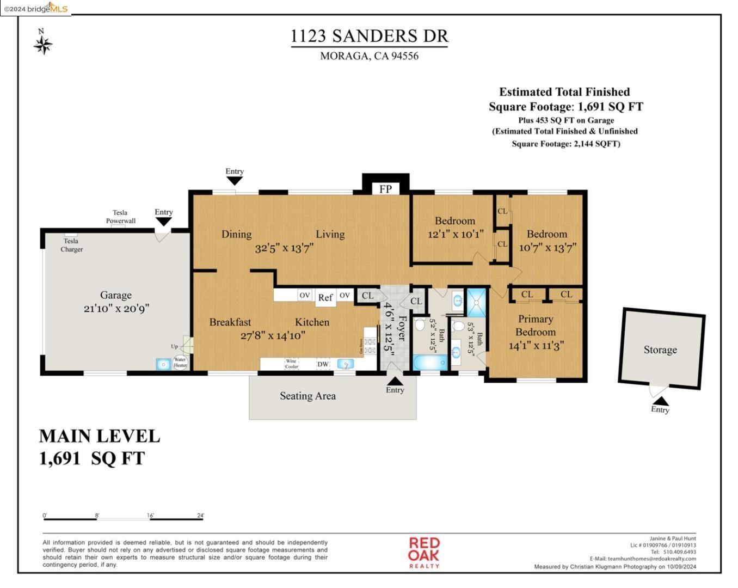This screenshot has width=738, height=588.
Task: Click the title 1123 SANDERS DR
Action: click(x=369, y=36)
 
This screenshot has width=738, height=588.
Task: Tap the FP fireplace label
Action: click(x=385, y=189)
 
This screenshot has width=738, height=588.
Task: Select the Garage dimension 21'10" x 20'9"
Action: click(x=116, y=308)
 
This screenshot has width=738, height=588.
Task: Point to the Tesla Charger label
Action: click(x=71, y=245)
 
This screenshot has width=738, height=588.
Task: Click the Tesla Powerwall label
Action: click(x=120, y=217)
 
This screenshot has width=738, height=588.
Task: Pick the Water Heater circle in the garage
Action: click(x=180, y=363)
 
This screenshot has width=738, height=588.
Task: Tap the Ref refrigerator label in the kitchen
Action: click(x=325, y=297)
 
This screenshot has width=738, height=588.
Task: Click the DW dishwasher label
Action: click(x=323, y=364)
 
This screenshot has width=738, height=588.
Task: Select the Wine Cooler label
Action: click(x=292, y=364)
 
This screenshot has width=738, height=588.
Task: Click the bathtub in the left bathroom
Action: click(x=430, y=363)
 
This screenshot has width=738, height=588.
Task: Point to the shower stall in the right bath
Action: click(x=477, y=303)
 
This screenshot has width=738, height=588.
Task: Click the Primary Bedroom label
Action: click(x=536, y=326)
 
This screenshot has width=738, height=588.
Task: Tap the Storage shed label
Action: click(x=660, y=350)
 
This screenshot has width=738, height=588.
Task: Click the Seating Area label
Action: click(x=307, y=396)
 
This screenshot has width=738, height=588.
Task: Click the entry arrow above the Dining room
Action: click(x=235, y=180)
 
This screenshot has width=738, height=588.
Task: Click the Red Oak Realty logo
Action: click(x=424, y=552)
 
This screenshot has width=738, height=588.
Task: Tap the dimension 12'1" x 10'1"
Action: click(x=455, y=234)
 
